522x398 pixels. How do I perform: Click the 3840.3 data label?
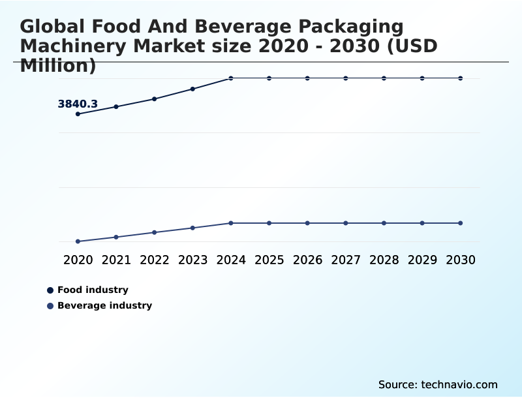[x=78, y=104]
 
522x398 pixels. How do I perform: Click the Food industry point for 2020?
[x=78, y=114]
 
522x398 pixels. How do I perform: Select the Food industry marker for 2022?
[x=155, y=99]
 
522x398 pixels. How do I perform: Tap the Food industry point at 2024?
[x=231, y=78]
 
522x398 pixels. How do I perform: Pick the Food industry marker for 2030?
[x=460, y=78]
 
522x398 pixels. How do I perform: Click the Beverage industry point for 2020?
[x=78, y=241]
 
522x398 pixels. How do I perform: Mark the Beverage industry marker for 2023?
[x=192, y=228]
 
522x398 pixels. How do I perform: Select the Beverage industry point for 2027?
[x=346, y=223]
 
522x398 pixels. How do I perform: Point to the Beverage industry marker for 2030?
[x=460, y=223]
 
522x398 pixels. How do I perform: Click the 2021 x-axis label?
[x=116, y=260]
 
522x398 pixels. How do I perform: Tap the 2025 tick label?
[x=269, y=260]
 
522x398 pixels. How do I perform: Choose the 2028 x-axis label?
[x=384, y=260]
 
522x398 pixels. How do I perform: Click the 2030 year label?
[x=460, y=260]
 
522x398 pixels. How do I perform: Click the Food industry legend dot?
[x=50, y=290]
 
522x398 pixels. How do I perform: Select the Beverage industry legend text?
[x=104, y=305]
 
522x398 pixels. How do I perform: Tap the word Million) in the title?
[x=58, y=66]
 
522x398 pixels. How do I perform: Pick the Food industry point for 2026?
[x=307, y=78]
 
